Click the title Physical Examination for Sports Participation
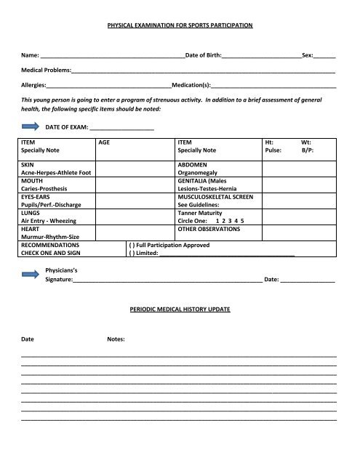(x=180, y=25)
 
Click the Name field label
(x=31, y=55)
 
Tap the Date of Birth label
(x=204, y=55)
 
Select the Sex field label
(x=308, y=55)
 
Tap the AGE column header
(x=105, y=143)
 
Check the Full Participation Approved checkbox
(x=131, y=246)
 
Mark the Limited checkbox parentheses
(x=131, y=254)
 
